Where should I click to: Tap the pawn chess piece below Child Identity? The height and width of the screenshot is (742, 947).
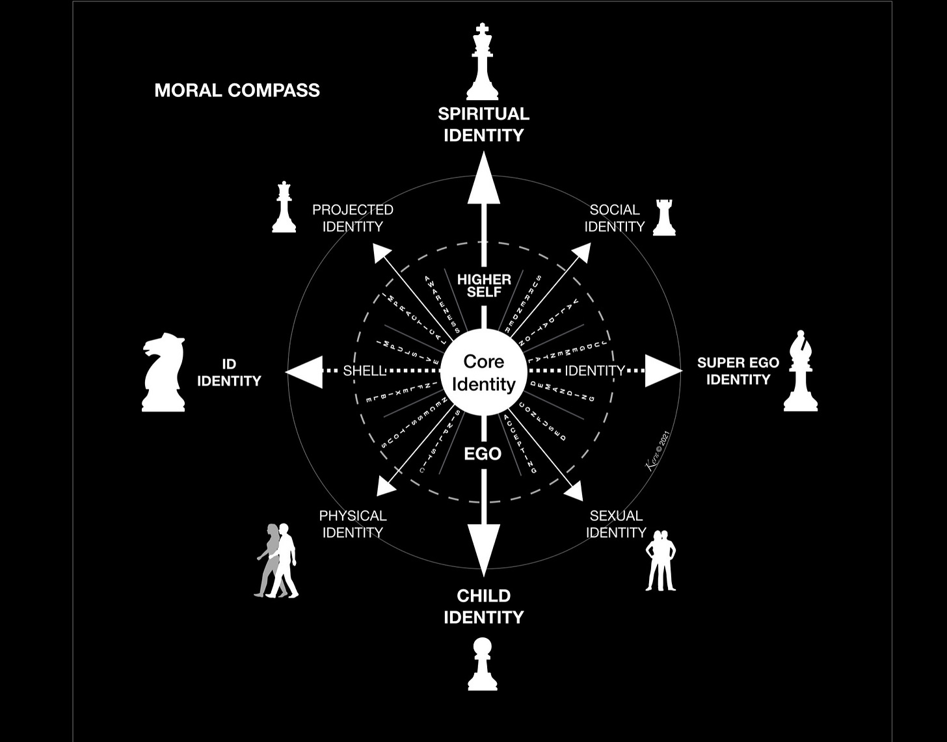point(483,664)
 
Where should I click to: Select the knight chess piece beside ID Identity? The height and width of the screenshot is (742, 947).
point(163,373)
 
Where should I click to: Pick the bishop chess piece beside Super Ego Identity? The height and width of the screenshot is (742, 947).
point(800,372)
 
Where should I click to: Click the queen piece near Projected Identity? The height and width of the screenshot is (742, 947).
point(284,207)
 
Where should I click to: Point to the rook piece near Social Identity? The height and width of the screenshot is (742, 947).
point(664,217)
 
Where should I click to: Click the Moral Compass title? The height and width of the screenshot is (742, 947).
point(237,90)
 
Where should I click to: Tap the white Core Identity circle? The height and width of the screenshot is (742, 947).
point(483,373)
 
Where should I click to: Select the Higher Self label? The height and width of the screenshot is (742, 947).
point(484,285)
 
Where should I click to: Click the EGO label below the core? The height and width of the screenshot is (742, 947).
point(483,454)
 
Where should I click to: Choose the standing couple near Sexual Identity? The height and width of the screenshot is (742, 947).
point(661,561)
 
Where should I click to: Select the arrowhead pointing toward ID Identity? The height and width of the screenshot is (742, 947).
point(304,372)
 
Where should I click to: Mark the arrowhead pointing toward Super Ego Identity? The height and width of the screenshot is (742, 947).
point(663,371)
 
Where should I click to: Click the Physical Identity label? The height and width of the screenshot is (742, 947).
point(353,524)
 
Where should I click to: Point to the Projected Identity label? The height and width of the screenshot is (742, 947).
point(353,218)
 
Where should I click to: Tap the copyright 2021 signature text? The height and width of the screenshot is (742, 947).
point(658,450)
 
